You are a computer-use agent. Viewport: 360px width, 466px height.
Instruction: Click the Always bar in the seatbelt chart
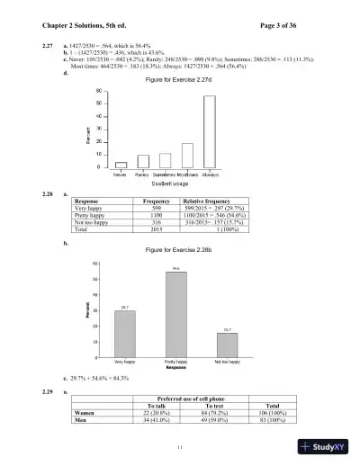click(210, 131)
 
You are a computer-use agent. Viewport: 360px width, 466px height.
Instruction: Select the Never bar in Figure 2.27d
click(121, 165)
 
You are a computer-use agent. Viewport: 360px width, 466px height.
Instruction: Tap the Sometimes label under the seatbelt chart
click(165, 175)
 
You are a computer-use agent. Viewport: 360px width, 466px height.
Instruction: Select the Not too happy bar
click(227, 345)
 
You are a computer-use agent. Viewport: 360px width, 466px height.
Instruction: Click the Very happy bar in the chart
click(125, 334)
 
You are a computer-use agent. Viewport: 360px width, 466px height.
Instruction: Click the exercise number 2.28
click(35, 193)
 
